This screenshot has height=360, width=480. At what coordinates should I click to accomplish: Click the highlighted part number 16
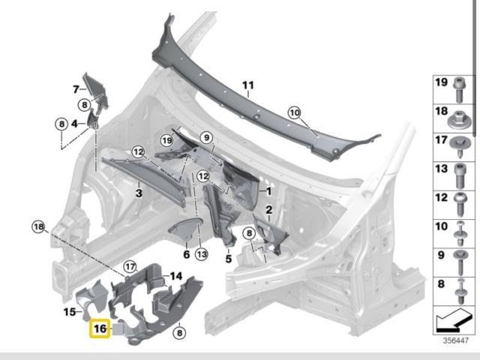pos(100,328)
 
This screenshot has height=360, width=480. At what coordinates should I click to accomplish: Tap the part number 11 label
pos(248,86)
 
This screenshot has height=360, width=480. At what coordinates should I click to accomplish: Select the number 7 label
pos(75,90)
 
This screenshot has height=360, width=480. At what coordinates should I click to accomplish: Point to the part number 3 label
pos(139,193)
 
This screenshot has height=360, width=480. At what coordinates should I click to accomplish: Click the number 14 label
pos(175,276)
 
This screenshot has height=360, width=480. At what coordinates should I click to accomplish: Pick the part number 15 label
pos(70,311)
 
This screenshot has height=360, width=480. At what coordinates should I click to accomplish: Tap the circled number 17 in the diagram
pos(130,265)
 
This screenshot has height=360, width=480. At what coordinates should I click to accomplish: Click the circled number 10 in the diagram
pos(294,112)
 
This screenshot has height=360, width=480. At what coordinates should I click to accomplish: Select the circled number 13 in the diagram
pos(201,255)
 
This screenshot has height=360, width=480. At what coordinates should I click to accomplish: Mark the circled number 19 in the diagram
pos(166,139)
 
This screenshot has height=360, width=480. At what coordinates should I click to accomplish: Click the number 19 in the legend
pos(441,82)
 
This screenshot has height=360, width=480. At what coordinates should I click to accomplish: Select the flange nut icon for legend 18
pos(460,112)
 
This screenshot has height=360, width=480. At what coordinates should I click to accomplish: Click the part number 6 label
pos(185,255)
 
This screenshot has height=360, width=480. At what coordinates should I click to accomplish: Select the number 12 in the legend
pos(441,198)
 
